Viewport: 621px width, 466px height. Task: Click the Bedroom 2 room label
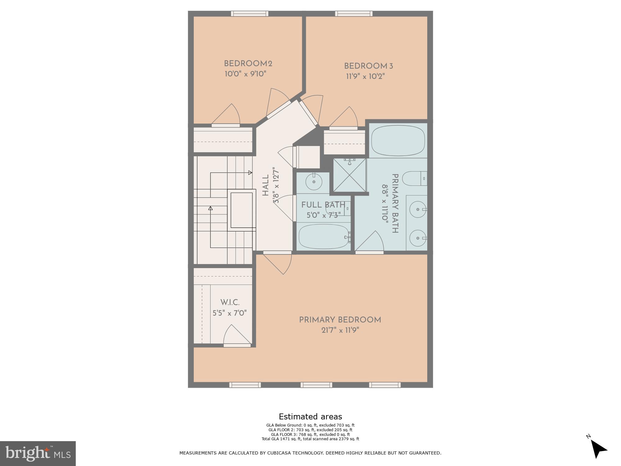click(x=248, y=64)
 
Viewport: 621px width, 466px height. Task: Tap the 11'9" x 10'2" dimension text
click(x=365, y=76)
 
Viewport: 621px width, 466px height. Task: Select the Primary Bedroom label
click(x=340, y=320)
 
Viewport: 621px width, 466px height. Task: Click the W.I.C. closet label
click(x=230, y=303)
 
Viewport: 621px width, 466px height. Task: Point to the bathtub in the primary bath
click(x=398, y=140)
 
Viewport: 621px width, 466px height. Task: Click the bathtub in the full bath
click(x=324, y=237)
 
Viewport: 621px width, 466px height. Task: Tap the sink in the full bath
click(x=314, y=182)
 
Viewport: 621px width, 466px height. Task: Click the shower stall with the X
click(x=350, y=175)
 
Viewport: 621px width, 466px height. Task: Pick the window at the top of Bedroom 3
click(x=354, y=14)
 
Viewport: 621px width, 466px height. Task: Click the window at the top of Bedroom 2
click(x=250, y=14)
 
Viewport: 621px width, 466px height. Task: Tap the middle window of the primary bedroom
click(x=316, y=385)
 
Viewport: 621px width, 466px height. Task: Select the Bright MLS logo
click(x=38, y=454)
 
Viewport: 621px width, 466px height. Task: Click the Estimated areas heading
click(x=310, y=417)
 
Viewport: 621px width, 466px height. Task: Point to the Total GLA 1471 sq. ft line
click(x=310, y=439)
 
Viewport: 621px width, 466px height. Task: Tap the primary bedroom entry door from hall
click(x=278, y=263)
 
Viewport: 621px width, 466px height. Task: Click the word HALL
click(x=265, y=185)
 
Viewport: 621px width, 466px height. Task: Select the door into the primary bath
click(x=371, y=242)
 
